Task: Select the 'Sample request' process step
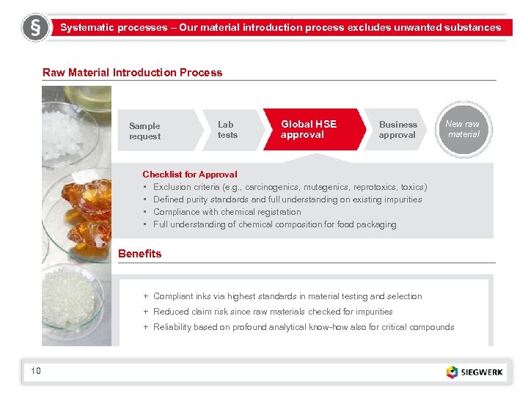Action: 145,131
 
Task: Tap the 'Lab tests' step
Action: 228,130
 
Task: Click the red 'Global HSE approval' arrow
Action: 309,130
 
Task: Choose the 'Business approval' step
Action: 397,130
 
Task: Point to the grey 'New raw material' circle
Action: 463,129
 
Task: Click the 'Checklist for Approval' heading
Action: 189,175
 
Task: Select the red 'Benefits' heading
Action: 139,254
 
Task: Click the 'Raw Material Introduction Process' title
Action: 132,73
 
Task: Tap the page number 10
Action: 36,371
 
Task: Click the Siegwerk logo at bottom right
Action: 475,372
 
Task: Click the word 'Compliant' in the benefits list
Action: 173,296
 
